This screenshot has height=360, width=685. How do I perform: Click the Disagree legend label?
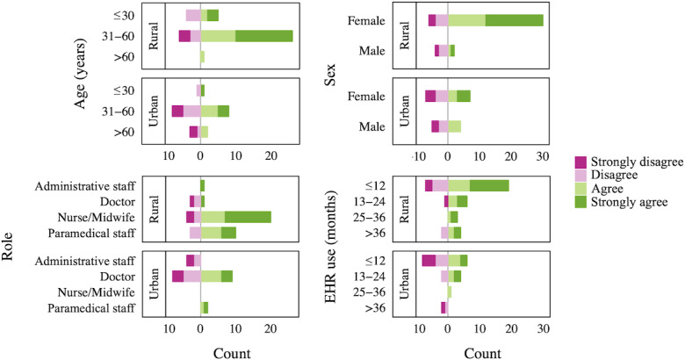pos(616,176)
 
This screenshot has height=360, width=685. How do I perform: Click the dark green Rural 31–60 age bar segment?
pos(263,36)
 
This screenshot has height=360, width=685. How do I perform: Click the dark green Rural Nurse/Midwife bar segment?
pos(248,217)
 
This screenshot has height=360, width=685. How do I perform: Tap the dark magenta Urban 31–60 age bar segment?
pos(177,112)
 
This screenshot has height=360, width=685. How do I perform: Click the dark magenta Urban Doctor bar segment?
pos(177,276)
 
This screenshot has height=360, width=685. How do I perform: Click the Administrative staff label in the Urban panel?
pos(85,261)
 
